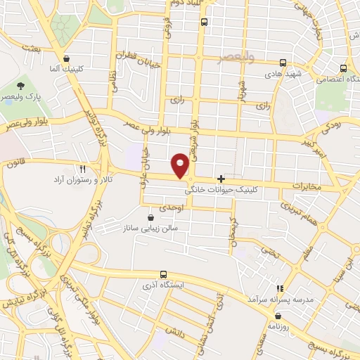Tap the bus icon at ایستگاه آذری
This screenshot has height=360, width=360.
163,275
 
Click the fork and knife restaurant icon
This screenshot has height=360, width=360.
83,169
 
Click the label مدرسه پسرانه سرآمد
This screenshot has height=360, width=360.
278,300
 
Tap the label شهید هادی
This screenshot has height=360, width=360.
283,73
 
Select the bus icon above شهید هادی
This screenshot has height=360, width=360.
283,62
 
